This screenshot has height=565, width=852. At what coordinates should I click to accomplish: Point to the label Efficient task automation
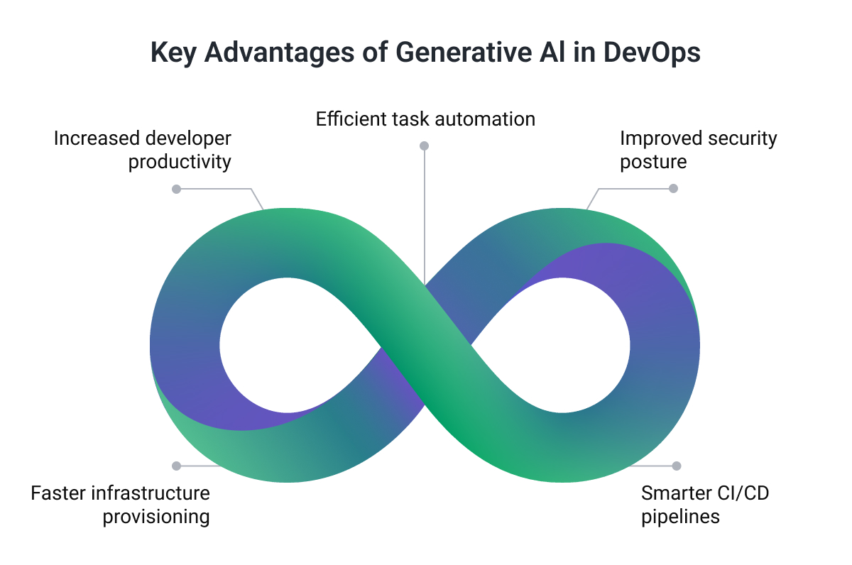point(425,119)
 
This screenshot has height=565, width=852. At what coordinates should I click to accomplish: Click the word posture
point(653,162)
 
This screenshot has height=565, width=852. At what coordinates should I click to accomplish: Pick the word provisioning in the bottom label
point(156,516)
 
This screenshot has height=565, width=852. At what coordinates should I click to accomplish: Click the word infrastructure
point(148,493)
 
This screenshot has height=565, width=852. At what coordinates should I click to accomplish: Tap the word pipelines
point(680,516)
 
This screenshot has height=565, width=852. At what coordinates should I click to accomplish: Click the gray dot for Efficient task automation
point(425,146)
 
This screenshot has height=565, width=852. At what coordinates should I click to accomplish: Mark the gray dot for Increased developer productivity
point(177,189)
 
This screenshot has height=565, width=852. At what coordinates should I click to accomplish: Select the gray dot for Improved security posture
point(674,189)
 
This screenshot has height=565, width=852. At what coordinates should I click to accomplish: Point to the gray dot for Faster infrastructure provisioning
point(177,466)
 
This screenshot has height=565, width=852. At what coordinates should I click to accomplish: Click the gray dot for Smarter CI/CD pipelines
point(677,466)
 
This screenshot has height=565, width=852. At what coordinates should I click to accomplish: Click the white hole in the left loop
point(287,346)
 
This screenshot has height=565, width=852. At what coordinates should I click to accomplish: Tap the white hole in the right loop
point(563,346)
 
